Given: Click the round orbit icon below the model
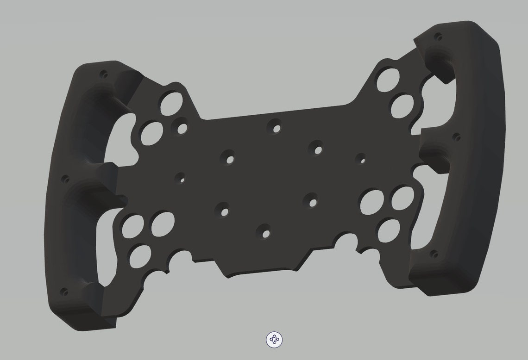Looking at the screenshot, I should click(275, 340).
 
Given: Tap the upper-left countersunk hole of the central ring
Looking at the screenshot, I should click(229, 157).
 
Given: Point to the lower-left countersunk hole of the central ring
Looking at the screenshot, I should click(224, 211).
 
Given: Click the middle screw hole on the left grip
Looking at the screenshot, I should click(65, 177).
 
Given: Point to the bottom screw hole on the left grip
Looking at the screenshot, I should click(64, 292).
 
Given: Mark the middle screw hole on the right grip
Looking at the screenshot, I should click(456, 137).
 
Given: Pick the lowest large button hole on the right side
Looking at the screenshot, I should click(389, 230).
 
